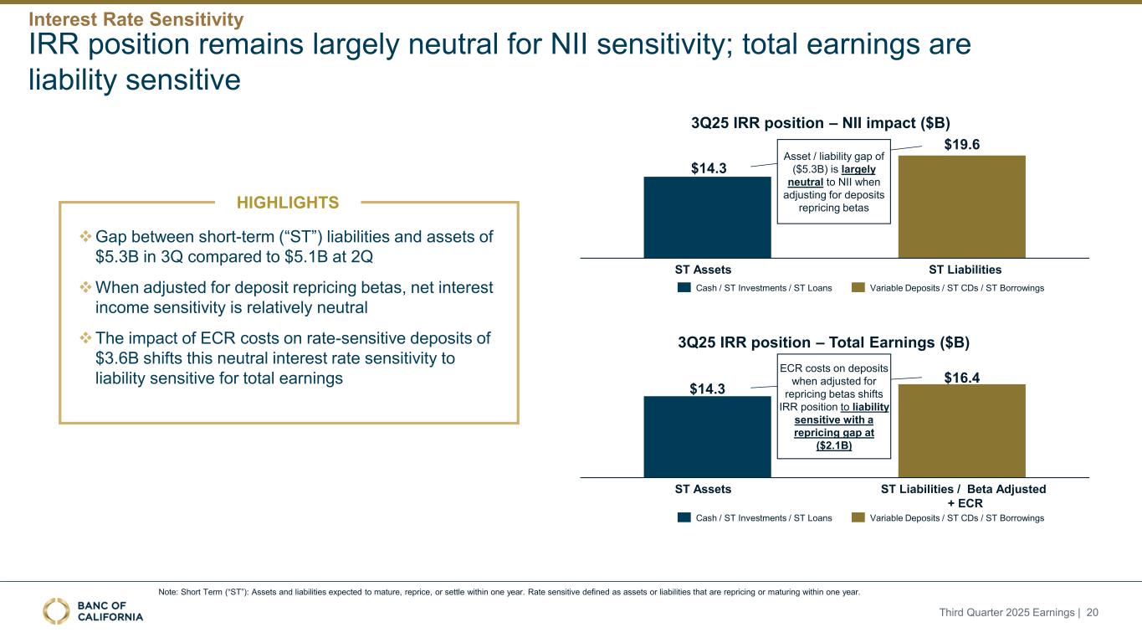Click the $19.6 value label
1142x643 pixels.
click(x=961, y=145)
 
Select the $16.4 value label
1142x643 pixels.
click(x=961, y=378)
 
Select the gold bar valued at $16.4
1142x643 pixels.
click(x=961, y=430)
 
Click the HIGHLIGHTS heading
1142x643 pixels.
click(x=289, y=203)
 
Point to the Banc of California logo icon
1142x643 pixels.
click(x=57, y=611)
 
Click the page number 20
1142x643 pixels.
click(x=1092, y=613)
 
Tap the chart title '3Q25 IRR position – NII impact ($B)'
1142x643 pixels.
click(x=820, y=122)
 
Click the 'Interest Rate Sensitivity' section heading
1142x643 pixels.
click(x=136, y=18)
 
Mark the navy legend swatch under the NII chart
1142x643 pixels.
click(x=684, y=288)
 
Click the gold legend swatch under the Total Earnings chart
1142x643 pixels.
click(x=858, y=518)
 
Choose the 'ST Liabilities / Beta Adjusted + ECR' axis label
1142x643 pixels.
click(x=963, y=496)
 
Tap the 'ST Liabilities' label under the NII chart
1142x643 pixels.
click(x=965, y=270)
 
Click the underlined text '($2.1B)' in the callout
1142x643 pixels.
click(x=834, y=445)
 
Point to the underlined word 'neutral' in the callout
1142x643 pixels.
click(x=806, y=182)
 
